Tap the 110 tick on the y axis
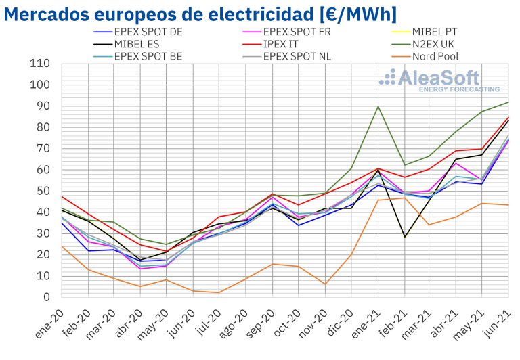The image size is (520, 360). coord(41,64)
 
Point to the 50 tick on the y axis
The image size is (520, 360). coord(44,191)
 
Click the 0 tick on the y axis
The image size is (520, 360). coord(47,297)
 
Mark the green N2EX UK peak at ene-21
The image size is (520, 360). coord(378,106)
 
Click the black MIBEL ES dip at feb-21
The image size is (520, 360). coord(405,237)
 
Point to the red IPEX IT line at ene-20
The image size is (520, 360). coord(61,196)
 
